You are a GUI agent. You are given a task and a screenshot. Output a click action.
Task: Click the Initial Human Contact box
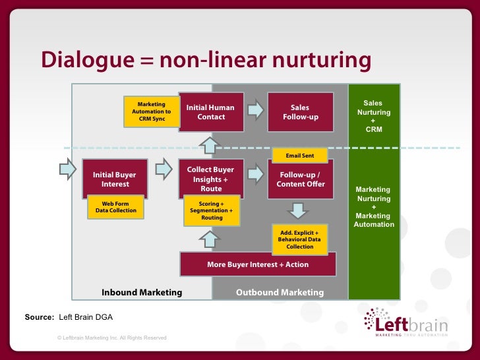coord(210,112)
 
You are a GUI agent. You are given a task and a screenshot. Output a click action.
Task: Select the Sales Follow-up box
coord(300,112)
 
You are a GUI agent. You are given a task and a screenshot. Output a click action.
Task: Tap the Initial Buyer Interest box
coord(115,179)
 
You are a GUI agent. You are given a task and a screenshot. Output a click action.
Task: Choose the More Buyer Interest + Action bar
coord(258,264)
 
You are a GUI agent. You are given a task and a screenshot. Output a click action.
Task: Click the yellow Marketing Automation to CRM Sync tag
coord(152,111)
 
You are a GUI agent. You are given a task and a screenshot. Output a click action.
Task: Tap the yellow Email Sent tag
coord(299,156)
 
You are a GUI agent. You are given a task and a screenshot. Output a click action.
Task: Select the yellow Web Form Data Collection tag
coord(115,206)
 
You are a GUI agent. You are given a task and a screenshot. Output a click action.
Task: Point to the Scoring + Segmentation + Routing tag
coord(211,210)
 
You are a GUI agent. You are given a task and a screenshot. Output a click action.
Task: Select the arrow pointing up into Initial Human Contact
coord(208,144)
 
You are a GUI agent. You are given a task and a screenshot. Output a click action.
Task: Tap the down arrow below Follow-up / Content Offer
coord(298,210)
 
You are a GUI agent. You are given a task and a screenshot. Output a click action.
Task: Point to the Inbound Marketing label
coord(141,292)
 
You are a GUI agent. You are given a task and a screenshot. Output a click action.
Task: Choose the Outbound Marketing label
coord(280,292)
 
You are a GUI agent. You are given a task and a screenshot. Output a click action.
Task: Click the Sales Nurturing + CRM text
coord(373,116)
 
